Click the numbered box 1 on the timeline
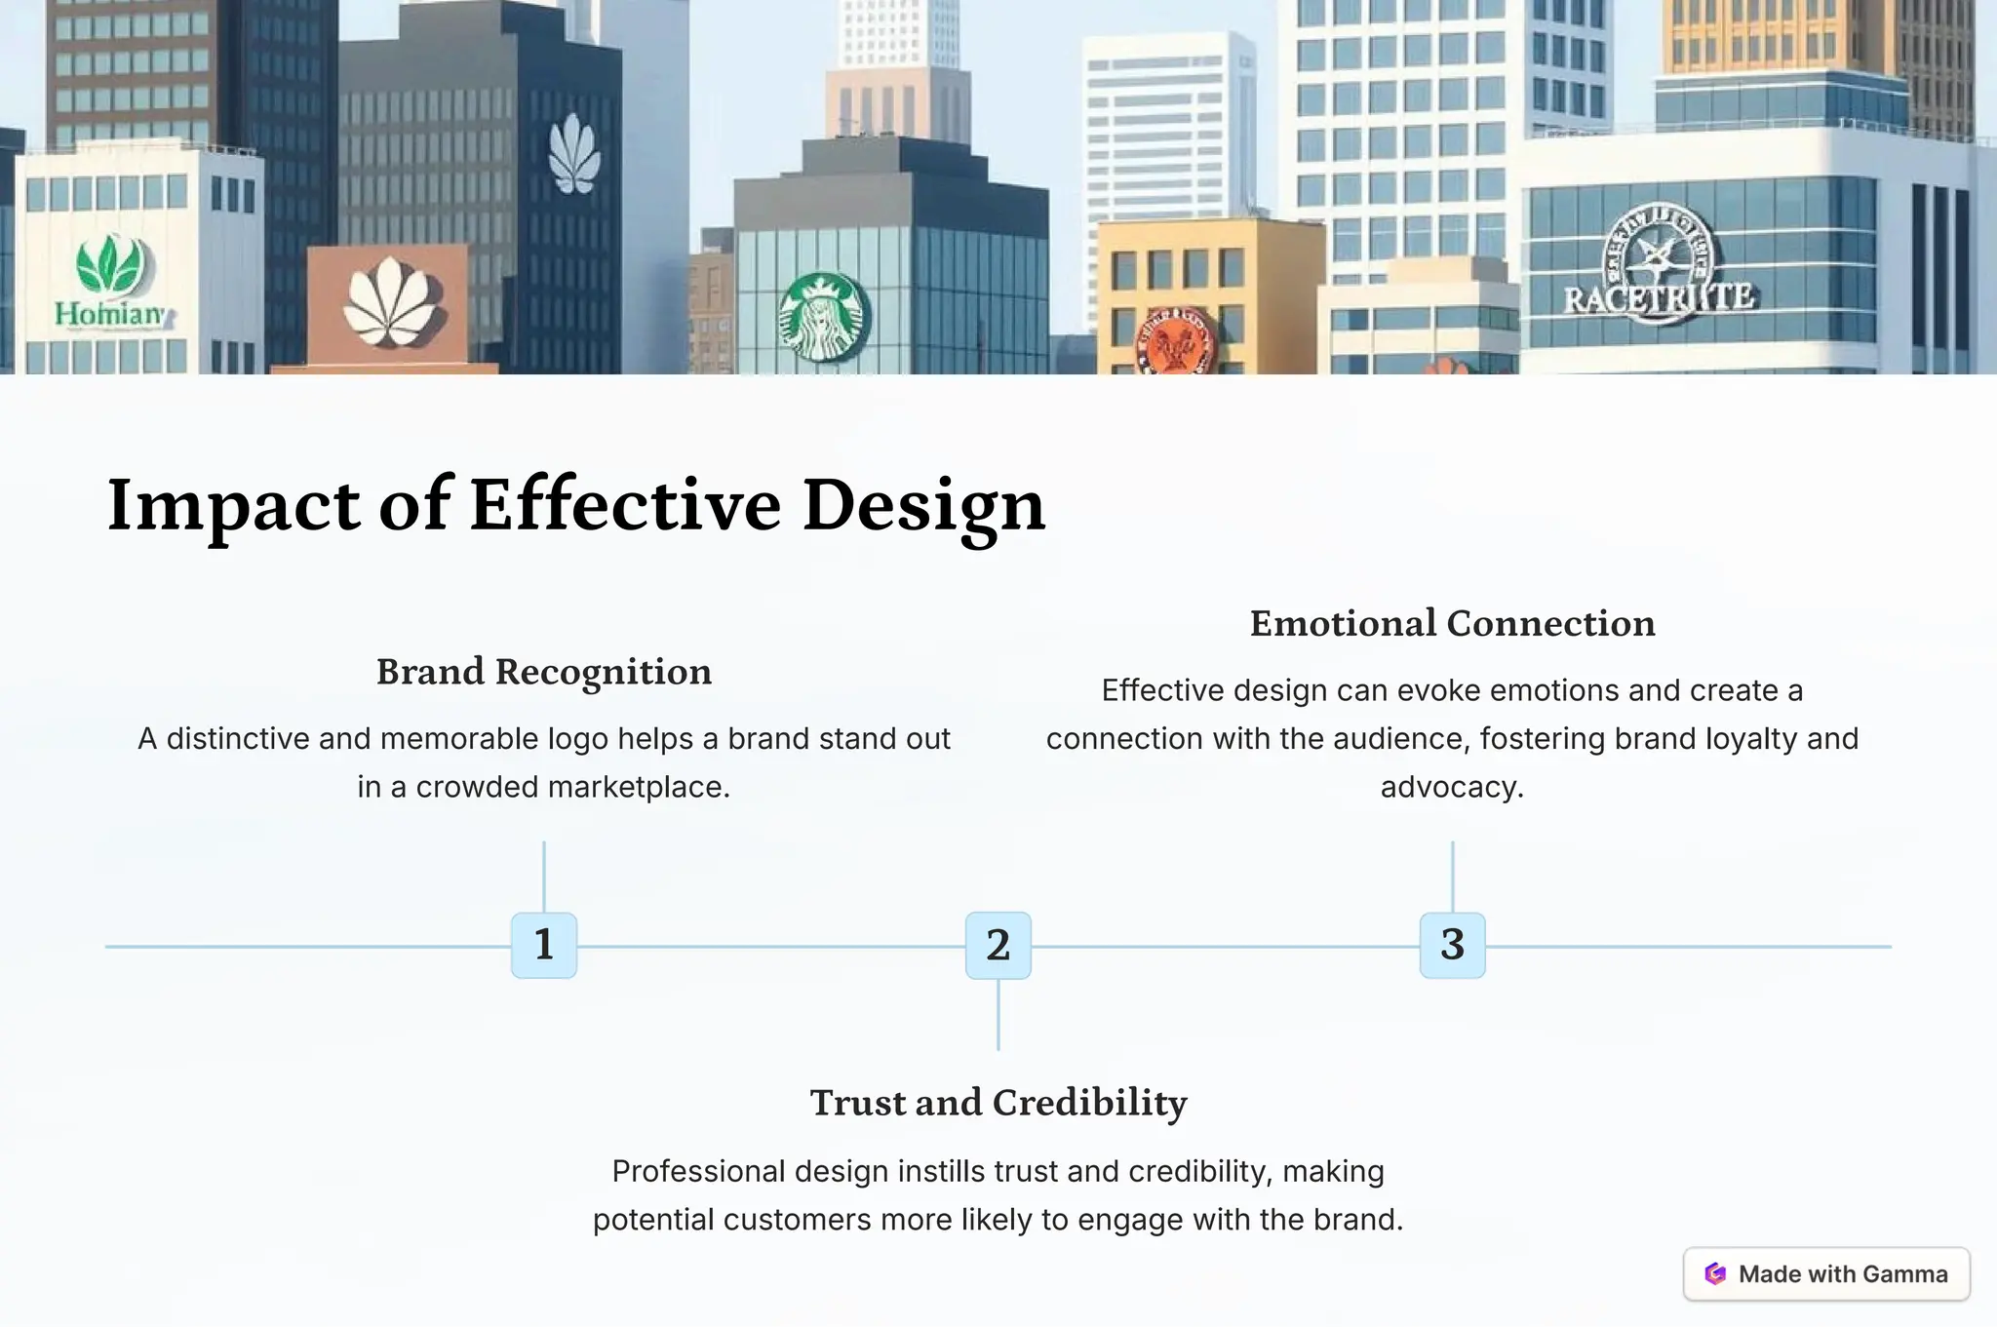point(544,945)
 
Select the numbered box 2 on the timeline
point(998,945)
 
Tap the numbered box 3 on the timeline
point(1452,945)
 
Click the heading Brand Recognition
point(544,672)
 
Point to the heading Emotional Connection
point(1452,624)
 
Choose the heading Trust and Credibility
point(998,1103)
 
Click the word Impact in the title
point(233,506)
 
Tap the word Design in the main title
point(922,506)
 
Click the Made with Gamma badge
point(1826,1273)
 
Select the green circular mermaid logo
point(824,317)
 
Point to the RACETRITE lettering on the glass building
point(1659,297)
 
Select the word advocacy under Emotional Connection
point(1451,787)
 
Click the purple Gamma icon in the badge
point(1715,1273)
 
